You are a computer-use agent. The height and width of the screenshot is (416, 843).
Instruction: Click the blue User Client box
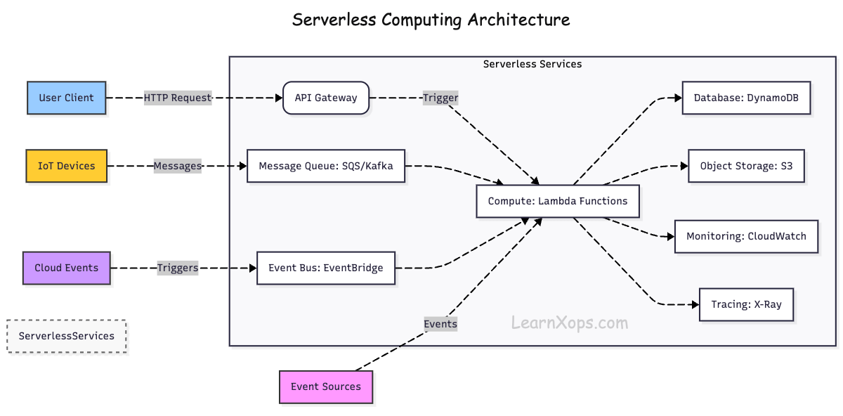click(66, 98)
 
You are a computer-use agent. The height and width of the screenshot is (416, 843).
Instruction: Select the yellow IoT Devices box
click(66, 166)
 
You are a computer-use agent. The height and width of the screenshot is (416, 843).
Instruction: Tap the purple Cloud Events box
click(67, 268)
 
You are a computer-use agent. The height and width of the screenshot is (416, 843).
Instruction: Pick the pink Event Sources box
click(326, 386)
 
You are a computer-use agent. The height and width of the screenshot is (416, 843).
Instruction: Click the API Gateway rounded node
click(325, 98)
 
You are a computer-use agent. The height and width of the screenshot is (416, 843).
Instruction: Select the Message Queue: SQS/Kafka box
click(326, 166)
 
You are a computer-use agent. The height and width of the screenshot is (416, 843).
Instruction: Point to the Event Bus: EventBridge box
click(326, 268)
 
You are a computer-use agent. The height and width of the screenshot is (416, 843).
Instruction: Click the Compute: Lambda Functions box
click(558, 201)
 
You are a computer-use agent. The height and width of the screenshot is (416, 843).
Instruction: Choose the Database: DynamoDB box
click(747, 98)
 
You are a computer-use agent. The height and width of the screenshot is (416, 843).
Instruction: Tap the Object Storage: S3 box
click(746, 166)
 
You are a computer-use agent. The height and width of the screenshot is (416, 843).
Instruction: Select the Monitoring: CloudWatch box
click(746, 236)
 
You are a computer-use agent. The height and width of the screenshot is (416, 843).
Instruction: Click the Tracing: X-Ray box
click(746, 304)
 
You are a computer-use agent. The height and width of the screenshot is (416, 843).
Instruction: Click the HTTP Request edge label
click(178, 98)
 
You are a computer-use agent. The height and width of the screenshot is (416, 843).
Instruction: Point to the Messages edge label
click(178, 166)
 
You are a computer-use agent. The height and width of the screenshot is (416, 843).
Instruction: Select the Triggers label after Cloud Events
click(178, 268)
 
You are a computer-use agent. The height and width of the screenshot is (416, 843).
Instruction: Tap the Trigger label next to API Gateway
click(440, 98)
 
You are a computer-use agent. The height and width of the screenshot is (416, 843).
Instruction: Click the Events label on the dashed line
click(440, 323)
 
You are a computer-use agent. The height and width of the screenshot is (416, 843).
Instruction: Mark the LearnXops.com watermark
click(569, 323)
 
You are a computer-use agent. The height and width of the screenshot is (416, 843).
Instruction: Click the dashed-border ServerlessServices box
click(67, 336)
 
